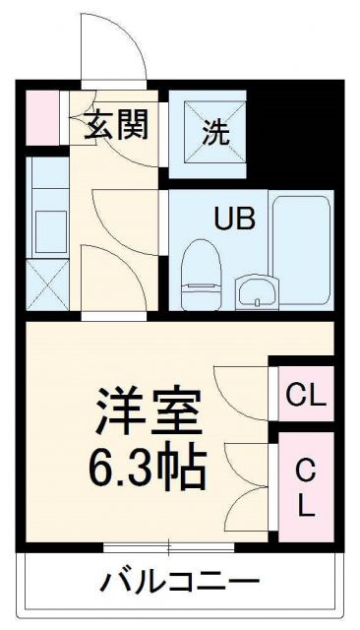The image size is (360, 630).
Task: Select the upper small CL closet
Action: click(305, 396)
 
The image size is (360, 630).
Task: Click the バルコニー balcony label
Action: click(180, 582)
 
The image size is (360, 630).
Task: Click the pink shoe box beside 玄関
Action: click(41, 113)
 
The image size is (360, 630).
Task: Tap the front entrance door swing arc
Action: click(116, 49)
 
